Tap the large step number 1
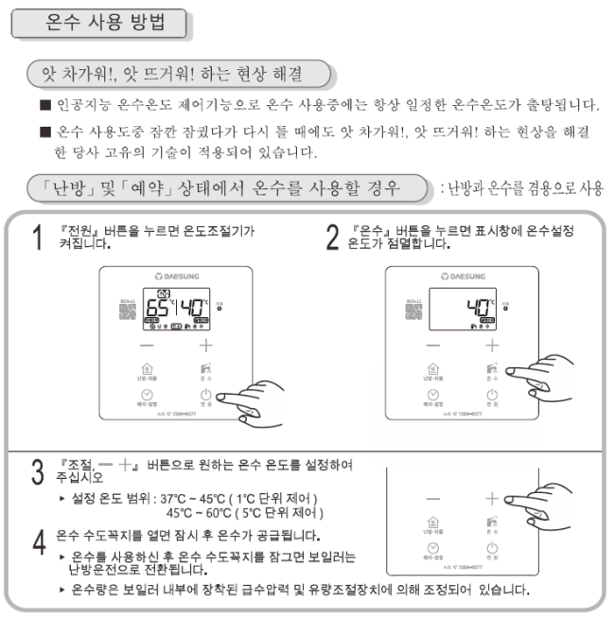(36, 238)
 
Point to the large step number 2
(331, 238)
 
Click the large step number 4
(36, 541)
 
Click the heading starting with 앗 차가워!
(180, 72)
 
